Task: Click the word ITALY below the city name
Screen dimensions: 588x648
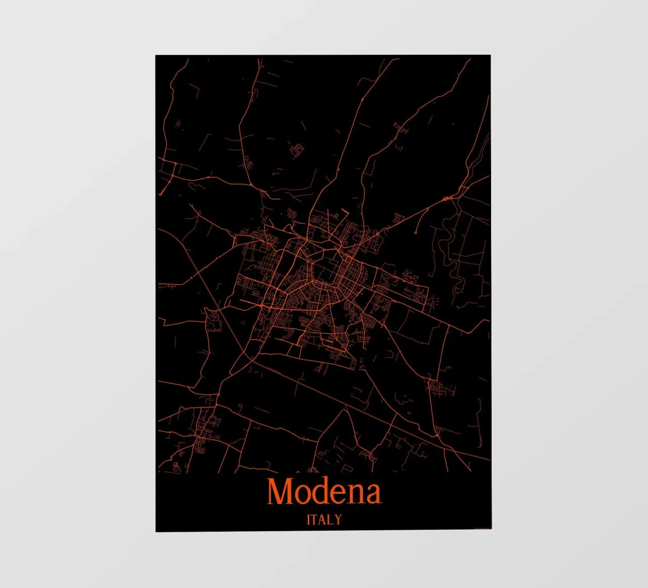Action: click(x=324, y=520)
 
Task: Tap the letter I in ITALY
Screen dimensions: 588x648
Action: click(x=309, y=520)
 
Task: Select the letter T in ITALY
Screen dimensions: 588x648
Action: click(x=315, y=520)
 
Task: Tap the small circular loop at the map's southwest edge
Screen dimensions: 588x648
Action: click(x=176, y=469)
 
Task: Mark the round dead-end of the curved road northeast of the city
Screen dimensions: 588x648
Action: click(x=416, y=233)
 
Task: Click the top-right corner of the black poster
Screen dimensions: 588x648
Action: click(x=490, y=56)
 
